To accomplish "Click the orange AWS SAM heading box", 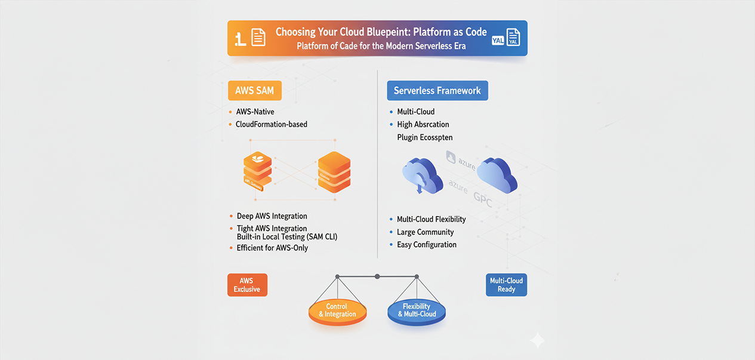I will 254,91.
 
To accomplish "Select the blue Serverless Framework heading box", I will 437,91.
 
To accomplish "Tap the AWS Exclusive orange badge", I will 247,285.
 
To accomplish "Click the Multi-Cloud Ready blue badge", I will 506,285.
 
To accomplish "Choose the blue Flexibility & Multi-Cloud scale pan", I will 417,311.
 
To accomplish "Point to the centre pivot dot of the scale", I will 377,276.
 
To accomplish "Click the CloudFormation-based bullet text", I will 272,124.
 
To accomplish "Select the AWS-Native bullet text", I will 255,112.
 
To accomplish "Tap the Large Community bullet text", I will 425,232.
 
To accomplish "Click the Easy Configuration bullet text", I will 427,244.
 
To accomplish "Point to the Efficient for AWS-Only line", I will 272,247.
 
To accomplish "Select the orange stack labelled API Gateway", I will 257,171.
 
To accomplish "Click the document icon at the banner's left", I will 258,38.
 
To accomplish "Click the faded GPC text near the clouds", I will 482,201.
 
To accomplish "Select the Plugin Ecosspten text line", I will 424,137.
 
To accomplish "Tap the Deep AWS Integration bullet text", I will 272,216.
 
